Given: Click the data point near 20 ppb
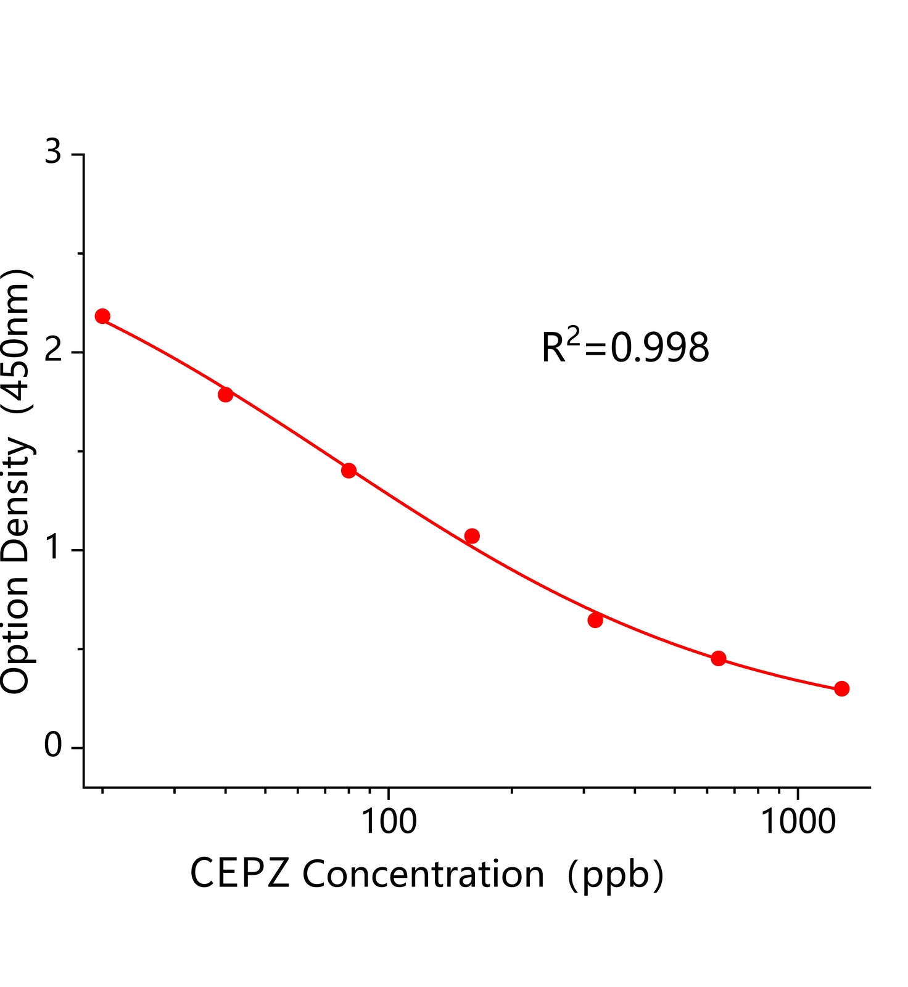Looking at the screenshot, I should pyautogui.click(x=102, y=316).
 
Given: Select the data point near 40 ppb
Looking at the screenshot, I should pyautogui.click(x=226, y=394).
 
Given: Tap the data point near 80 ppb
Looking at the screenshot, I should pyautogui.click(x=349, y=471).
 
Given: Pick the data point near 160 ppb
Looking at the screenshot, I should pyautogui.click(x=472, y=536).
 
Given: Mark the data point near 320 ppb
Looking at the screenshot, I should pyautogui.click(x=595, y=620).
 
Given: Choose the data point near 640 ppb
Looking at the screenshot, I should pyautogui.click(x=718, y=658).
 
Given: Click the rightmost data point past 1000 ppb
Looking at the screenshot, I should pyautogui.click(x=841, y=688).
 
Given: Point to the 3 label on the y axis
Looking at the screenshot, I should pyautogui.click(x=54, y=152).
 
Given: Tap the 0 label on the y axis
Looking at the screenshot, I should pyautogui.click(x=54, y=746).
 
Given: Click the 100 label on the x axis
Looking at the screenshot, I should pyautogui.click(x=388, y=822).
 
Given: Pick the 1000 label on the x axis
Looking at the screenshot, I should pyautogui.click(x=798, y=822).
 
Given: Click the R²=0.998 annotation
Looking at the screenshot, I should pyautogui.click(x=625, y=346).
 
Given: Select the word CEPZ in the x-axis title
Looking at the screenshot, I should pyautogui.click(x=239, y=873).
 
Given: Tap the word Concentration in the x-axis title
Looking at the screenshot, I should pyautogui.click(x=423, y=873).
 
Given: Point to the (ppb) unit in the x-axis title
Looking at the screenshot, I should pyautogui.click(x=615, y=875).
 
